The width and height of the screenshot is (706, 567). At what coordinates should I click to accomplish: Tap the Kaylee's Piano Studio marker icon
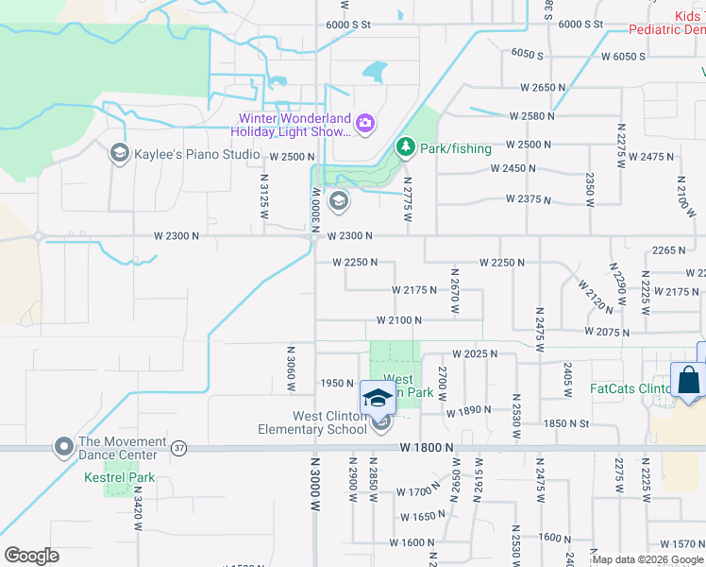[119, 153]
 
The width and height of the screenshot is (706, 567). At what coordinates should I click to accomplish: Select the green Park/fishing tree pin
[406, 147]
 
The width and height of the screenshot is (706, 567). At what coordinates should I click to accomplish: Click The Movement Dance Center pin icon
[64, 445]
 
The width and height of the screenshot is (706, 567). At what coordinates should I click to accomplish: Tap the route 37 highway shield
[179, 445]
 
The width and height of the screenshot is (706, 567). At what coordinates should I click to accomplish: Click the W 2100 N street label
[398, 320]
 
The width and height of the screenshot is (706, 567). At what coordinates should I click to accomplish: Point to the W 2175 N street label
[413, 290]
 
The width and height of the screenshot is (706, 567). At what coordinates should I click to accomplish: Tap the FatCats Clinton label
[630, 388]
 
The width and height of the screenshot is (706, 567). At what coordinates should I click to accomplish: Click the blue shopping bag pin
[689, 382]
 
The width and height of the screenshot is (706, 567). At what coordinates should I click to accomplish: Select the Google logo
[31, 556]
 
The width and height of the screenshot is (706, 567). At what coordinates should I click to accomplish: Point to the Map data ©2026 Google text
[647, 559]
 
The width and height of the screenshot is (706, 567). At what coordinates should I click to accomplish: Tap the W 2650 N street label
[542, 87]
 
